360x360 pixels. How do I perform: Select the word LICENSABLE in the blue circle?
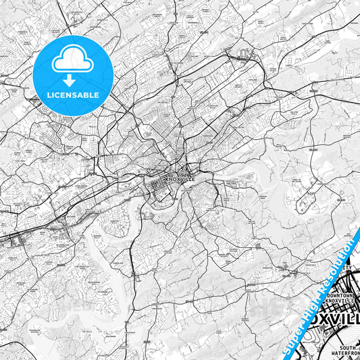click(x=73, y=94)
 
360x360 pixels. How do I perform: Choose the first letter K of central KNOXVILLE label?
click(x=166, y=180)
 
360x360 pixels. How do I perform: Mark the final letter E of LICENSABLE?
click(x=97, y=94)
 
